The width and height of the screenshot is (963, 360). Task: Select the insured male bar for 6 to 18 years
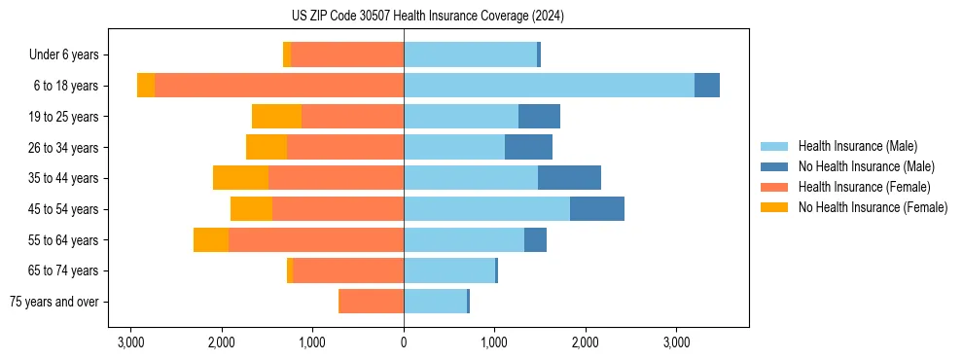[x=549, y=86]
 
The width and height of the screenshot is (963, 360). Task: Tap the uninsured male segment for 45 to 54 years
[x=596, y=209]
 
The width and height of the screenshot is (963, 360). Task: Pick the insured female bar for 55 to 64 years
[x=315, y=240]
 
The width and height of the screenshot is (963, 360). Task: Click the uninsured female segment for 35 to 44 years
[x=240, y=178]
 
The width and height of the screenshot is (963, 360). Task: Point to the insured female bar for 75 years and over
[x=371, y=302]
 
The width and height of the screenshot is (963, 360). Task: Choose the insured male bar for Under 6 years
[x=470, y=55]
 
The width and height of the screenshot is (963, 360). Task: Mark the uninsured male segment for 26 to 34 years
[x=528, y=148]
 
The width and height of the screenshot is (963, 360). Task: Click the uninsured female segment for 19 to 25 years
[x=276, y=117]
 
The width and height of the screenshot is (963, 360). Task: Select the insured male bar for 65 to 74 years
[x=448, y=270]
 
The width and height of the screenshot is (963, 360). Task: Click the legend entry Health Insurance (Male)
[x=857, y=146]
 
